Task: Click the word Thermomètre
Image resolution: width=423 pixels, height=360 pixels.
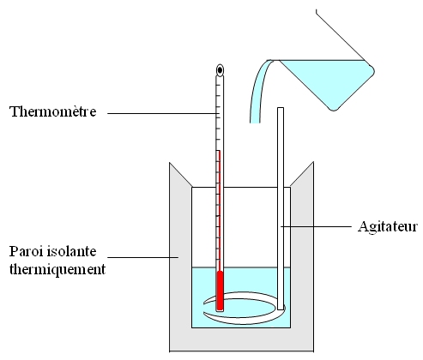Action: pos(53,111)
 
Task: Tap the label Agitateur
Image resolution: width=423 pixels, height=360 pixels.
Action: pos(388,226)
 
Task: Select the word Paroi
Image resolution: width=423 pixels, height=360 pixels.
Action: pos(26,251)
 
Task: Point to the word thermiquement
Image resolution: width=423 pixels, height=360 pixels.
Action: pos(57,269)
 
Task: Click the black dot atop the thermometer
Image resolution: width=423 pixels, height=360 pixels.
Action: pos(220,69)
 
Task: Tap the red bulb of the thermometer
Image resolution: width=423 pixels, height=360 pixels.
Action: pos(220,291)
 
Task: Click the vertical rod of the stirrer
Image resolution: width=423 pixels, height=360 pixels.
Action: pos(281,208)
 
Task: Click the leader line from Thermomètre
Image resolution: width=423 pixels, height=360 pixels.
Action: pos(163,113)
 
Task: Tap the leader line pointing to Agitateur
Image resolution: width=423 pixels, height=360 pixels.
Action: pos(316,226)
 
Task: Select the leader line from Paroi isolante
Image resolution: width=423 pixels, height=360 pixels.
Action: pos(143,257)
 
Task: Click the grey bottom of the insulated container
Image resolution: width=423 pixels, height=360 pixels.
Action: pos(242,339)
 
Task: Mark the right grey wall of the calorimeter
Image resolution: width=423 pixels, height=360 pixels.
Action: pos(302,257)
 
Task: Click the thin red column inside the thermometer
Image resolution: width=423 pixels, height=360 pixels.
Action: pos(219,211)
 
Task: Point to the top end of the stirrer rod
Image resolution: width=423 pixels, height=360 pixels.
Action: pos(281,108)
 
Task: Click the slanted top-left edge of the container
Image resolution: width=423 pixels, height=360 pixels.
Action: pos(181,175)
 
